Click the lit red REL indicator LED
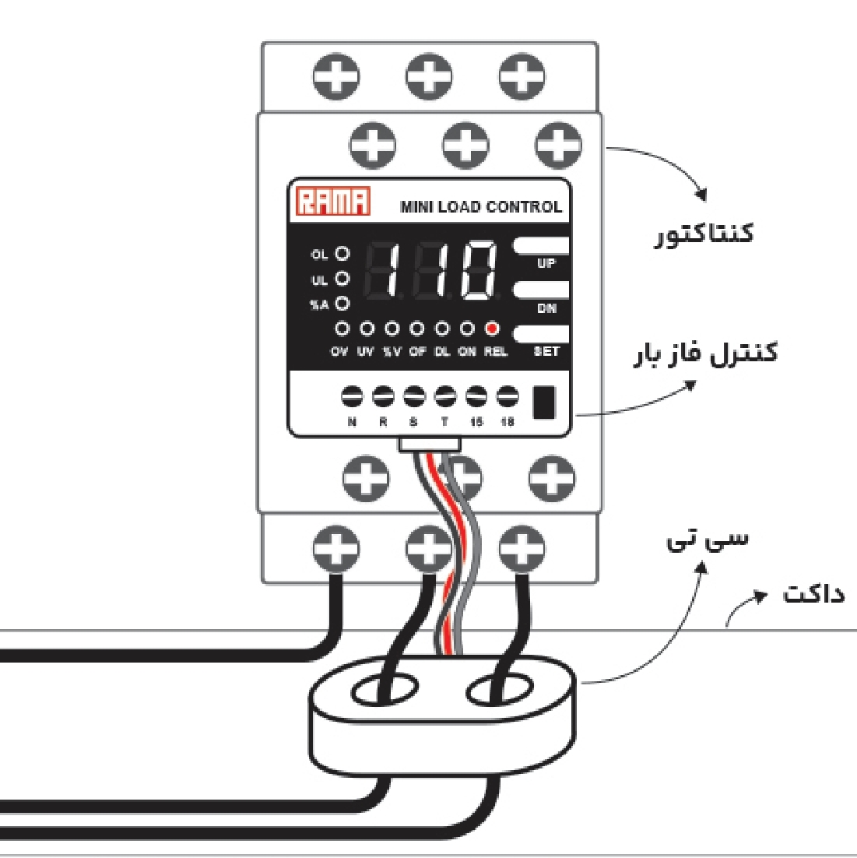coord(492,329)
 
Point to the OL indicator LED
coord(342,254)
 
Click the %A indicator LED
coord(342,304)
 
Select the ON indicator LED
coord(467,329)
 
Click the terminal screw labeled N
coord(352,397)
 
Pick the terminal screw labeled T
coord(445,397)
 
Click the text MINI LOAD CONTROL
coord(480,207)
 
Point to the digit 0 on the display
coord(477,271)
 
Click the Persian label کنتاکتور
coord(703,234)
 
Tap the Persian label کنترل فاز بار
coord(704,354)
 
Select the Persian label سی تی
coord(707,539)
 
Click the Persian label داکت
coord(813,595)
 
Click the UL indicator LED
coord(342,279)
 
